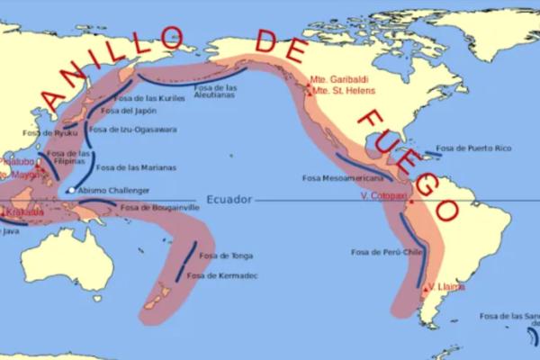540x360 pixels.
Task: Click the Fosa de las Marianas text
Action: coord(135,167)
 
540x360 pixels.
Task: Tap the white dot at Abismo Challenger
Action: coord(72,191)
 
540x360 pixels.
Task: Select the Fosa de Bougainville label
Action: coord(159,207)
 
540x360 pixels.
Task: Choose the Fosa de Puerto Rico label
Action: coord(473,148)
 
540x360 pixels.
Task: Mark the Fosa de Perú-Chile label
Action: coord(386,252)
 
